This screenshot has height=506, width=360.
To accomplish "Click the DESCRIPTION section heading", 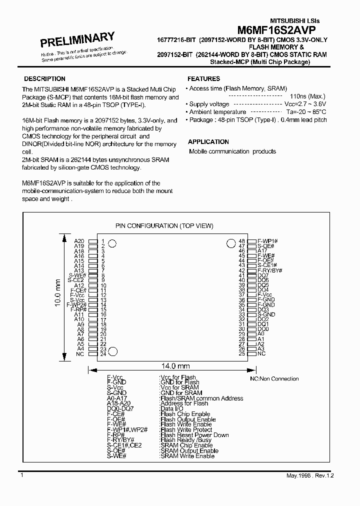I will (x=44, y=78).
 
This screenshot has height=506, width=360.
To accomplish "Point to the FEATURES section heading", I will (x=203, y=78).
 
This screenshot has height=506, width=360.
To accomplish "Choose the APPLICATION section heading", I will (x=208, y=142).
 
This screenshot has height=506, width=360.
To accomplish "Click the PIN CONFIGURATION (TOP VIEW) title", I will (x=164, y=226).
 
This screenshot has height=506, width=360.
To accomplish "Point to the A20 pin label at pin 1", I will (x=79, y=241).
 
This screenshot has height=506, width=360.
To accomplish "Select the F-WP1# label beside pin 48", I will (x=267, y=241).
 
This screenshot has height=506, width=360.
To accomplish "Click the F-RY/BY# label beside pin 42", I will (x=269, y=270).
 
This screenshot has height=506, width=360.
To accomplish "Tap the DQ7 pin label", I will (x=263, y=275).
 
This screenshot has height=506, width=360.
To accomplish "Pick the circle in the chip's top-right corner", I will (x=230, y=243).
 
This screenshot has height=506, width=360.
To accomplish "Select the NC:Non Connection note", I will (x=274, y=379).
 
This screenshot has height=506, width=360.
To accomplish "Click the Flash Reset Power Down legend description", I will (x=194, y=435).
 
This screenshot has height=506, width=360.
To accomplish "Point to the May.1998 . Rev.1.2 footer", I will (x=308, y=475).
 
